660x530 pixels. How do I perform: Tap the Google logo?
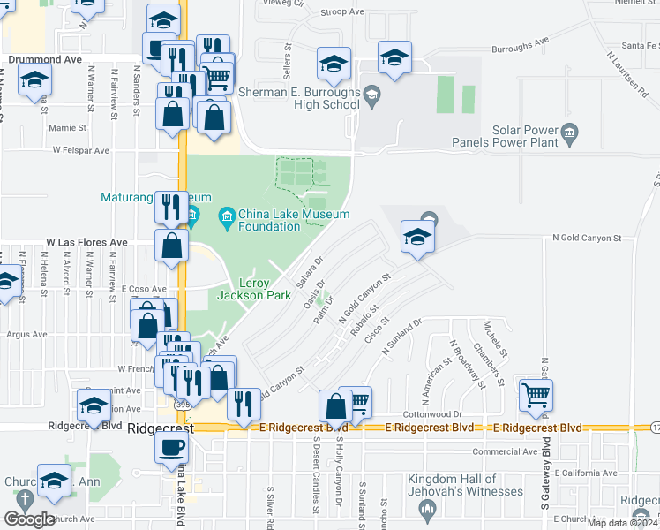(x=29, y=519)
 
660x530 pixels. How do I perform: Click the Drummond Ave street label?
(x=45, y=60)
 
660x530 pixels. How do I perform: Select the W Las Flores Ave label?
(x=86, y=242)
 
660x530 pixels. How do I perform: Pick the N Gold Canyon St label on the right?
(x=587, y=238)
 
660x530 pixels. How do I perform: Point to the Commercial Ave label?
(x=505, y=451)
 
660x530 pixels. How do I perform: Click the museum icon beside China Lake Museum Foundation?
(x=227, y=216)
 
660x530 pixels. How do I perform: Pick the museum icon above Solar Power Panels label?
(x=570, y=134)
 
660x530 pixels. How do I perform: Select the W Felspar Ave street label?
(x=80, y=150)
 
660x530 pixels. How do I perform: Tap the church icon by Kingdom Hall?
(x=428, y=508)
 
